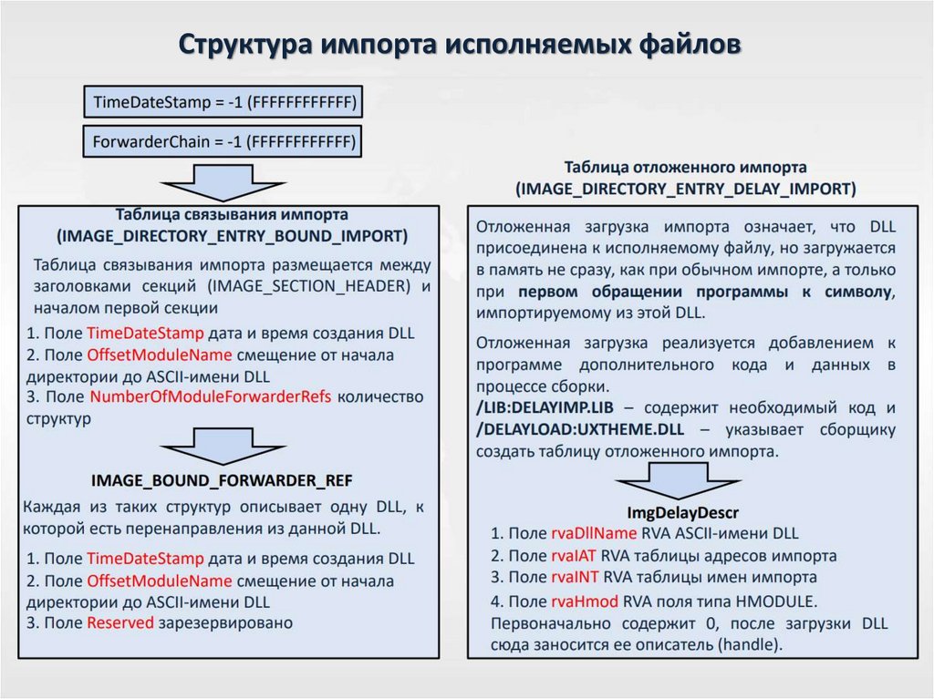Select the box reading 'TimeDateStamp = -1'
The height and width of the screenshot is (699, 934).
pos(223,102)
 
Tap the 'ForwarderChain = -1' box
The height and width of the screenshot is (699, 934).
pos(223,142)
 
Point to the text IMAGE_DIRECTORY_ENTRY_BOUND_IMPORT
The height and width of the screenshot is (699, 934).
pos(232,236)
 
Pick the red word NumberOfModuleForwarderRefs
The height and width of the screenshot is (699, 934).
pos(212,396)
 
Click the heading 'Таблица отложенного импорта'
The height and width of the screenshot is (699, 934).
pos(685,168)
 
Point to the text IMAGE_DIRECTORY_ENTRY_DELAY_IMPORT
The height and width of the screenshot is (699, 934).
pos(685,190)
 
